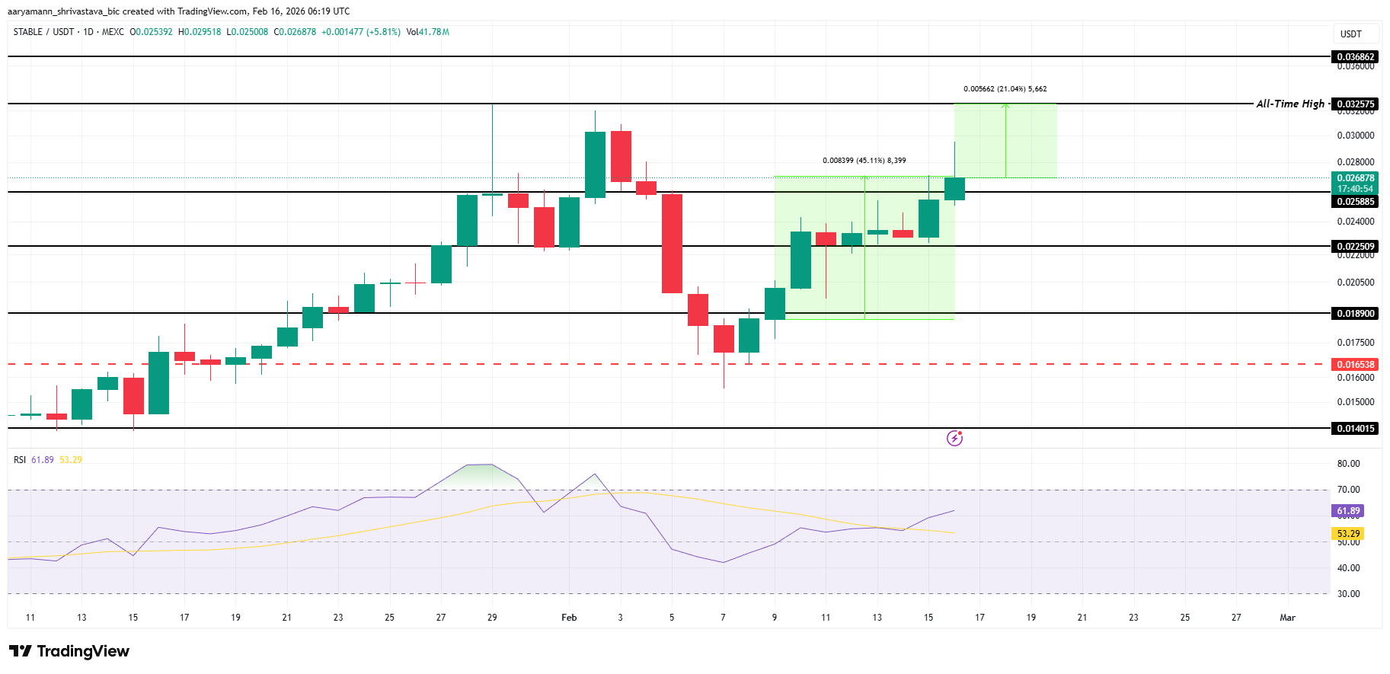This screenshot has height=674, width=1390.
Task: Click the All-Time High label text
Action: pyautogui.click(x=1289, y=104)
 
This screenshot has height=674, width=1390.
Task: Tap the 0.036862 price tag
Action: pyautogui.click(x=1356, y=57)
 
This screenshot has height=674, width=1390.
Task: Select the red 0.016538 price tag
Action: pyautogui.click(x=1356, y=365)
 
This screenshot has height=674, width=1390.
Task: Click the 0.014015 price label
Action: pyautogui.click(x=1356, y=429)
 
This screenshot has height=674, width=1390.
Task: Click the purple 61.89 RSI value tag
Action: pyautogui.click(x=1347, y=511)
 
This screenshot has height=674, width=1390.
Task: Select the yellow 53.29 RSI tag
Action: pyautogui.click(x=1347, y=534)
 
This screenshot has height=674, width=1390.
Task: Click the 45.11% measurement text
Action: pyautogui.click(x=864, y=161)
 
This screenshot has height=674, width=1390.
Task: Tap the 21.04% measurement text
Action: pyautogui.click(x=1005, y=89)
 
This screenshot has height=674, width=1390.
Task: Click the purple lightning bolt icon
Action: pyautogui.click(x=954, y=438)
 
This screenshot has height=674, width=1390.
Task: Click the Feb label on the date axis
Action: pyautogui.click(x=569, y=618)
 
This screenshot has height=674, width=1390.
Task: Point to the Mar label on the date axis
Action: pyautogui.click(x=1287, y=618)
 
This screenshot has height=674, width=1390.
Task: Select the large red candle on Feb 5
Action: pyautogui.click(x=672, y=244)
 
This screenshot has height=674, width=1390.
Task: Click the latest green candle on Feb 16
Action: pyautogui.click(x=954, y=189)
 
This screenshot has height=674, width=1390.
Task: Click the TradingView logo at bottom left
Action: pyautogui.click(x=69, y=651)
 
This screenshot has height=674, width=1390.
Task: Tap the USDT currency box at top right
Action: pyautogui.click(x=1351, y=34)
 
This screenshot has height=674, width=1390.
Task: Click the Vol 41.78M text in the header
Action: pyautogui.click(x=427, y=32)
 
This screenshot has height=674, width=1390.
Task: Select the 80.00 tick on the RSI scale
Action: pyautogui.click(x=1348, y=464)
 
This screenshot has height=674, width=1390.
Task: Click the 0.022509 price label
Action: pyautogui.click(x=1356, y=247)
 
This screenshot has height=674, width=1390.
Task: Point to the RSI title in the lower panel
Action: pyautogui.click(x=20, y=460)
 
